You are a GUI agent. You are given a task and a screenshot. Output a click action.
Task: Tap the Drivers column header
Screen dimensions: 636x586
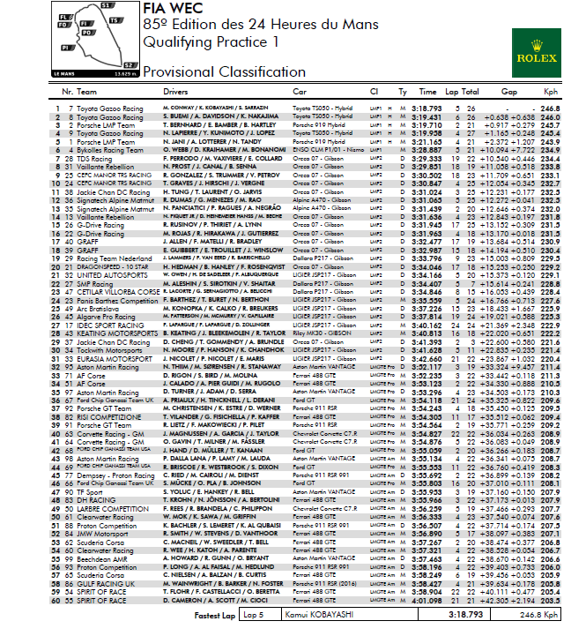176,92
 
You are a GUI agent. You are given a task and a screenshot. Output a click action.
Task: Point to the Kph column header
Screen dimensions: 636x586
552,92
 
